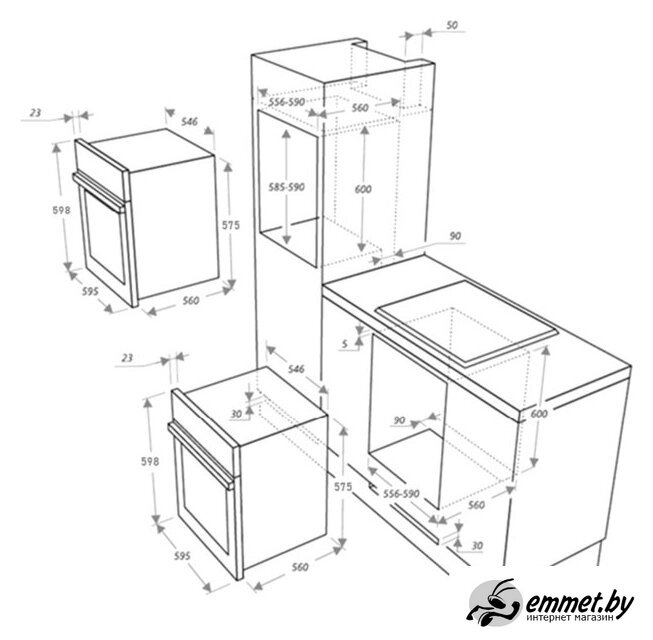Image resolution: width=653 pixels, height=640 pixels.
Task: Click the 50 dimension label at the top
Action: point(452,25)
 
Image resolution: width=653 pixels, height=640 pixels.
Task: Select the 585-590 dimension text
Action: point(287,187)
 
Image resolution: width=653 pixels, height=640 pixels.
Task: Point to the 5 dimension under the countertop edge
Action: point(344,344)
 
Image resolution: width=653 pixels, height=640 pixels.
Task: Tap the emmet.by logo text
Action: point(580,601)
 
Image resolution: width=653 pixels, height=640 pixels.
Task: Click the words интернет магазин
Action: point(570,618)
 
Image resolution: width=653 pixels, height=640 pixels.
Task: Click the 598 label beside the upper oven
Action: point(61,210)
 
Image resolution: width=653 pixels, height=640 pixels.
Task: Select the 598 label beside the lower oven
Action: point(150,461)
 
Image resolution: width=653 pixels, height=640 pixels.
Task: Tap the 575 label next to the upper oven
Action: point(231,225)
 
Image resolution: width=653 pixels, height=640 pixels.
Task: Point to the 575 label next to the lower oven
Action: point(343,486)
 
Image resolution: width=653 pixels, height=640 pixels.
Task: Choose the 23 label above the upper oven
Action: point(36,112)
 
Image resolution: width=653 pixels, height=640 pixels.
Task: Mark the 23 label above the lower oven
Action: point(127,358)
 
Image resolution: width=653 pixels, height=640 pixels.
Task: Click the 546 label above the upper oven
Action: point(189,122)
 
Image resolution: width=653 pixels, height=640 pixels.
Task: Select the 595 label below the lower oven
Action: point(182,555)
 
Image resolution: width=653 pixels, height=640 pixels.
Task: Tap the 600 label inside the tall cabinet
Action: point(363,189)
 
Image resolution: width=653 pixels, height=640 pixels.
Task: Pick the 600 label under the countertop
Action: point(539,414)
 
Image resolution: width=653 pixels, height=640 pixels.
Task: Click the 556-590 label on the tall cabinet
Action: point(287,102)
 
